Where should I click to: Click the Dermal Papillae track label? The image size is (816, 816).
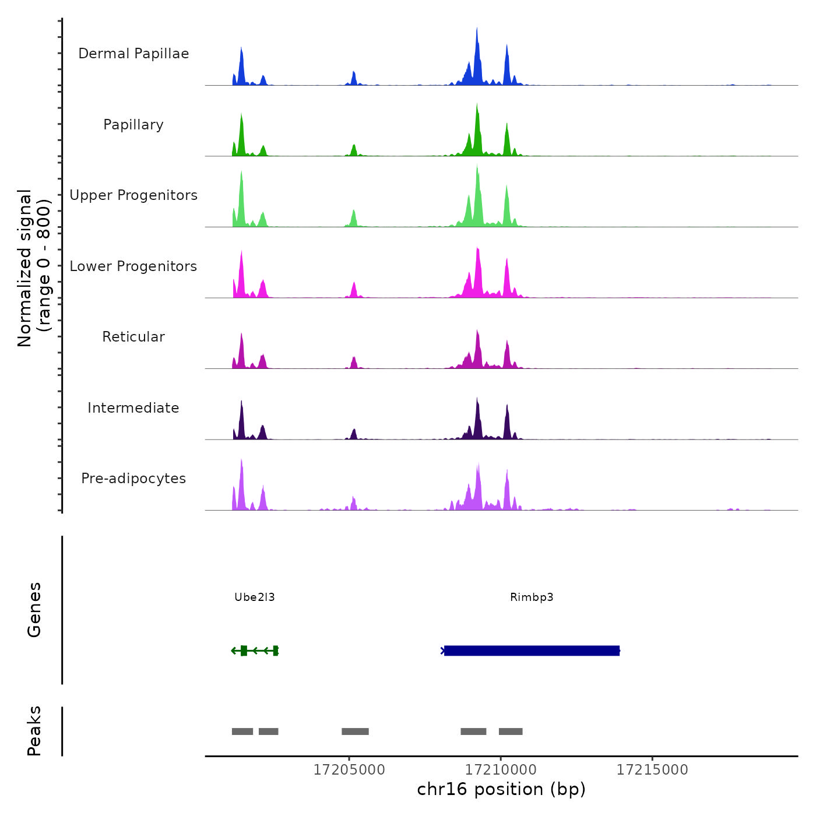(x=133, y=54)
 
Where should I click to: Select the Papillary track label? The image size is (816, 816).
(x=133, y=125)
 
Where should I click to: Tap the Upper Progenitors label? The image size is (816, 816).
(x=133, y=195)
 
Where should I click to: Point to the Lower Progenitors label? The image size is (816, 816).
(x=133, y=266)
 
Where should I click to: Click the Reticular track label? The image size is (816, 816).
(x=133, y=337)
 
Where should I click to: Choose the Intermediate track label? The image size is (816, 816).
(x=133, y=408)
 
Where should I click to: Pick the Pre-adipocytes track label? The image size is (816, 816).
(x=133, y=479)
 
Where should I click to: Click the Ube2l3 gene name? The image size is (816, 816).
(x=254, y=597)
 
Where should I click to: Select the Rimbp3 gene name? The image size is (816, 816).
(x=532, y=597)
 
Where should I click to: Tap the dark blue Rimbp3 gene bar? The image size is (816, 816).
(x=532, y=650)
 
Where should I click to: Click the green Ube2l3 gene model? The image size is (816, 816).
(x=255, y=650)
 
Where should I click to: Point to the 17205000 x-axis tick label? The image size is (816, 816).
(x=349, y=770)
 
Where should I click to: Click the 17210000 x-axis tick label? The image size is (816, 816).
(x=501, y=770)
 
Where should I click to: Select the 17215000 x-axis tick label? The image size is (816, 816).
(x=652, y=770)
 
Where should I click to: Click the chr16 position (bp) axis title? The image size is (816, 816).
(x=501, y=790)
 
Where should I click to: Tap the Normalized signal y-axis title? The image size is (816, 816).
(x=34, y=268)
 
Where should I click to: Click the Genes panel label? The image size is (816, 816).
(x=34, y=610)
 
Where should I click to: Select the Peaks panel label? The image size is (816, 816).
(x=34, y=731)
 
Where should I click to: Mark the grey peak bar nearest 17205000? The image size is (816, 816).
(x=355, y=731)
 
